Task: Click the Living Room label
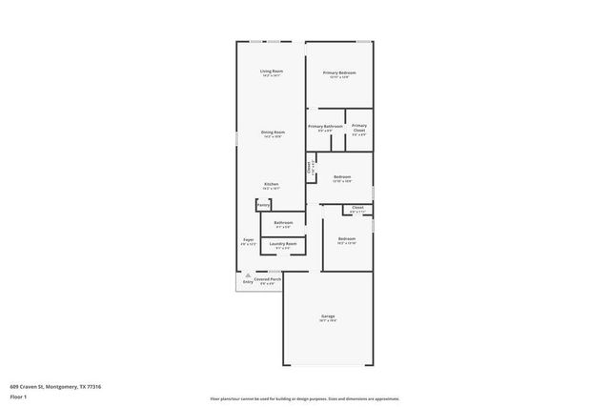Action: (272, 71)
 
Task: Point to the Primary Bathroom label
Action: (325, 126)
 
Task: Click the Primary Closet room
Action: (358, 129)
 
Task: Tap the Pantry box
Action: (263, 204)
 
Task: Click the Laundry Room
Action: (283, 244)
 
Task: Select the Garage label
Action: (328, 317)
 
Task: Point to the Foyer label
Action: (248, 240)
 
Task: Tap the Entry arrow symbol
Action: (248, 275)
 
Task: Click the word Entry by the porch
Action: (248, 283)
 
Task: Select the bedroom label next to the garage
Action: (346, 239)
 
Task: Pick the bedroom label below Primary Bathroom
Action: (342, 176)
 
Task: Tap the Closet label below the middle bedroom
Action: (357, 207)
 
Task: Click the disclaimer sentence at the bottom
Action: (304, 398)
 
